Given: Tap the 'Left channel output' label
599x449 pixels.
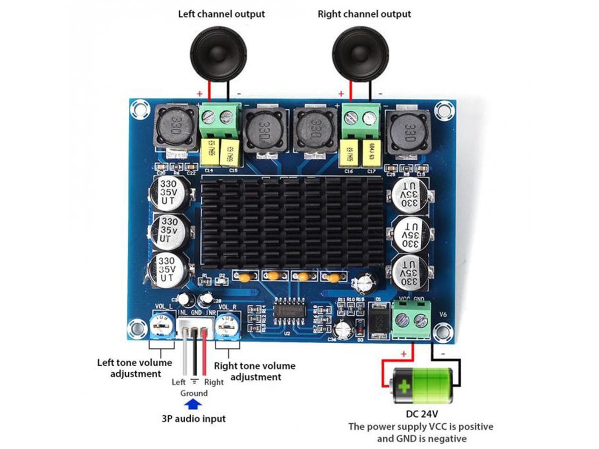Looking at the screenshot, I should point(222,13).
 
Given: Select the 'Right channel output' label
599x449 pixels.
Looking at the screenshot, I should point(364,13).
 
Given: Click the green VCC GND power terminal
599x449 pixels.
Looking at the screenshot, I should point(412,321).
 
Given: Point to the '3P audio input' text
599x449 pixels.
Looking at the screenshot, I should point(194,418).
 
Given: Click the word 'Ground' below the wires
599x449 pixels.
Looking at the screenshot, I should point(194,393).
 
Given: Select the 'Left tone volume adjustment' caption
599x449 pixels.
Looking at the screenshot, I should point(135,368).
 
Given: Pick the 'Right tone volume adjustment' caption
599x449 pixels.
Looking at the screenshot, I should point(255,371).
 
